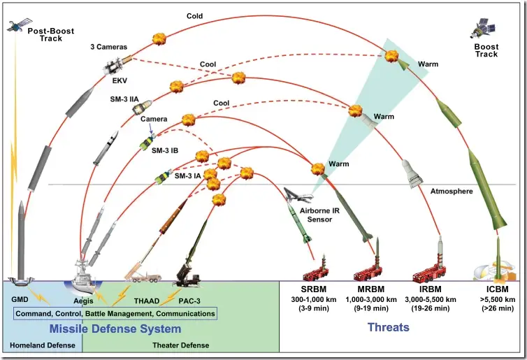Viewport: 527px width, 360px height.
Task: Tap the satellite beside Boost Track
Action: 484,28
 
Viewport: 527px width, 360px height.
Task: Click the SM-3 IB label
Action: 166,150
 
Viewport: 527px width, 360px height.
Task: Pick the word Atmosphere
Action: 452,191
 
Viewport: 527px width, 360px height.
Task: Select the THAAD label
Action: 146,301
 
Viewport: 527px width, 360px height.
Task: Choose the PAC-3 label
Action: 189,301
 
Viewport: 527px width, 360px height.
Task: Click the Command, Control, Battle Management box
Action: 115,313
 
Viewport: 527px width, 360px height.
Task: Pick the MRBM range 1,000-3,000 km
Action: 373,298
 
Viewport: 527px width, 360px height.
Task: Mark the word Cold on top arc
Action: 195,15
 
